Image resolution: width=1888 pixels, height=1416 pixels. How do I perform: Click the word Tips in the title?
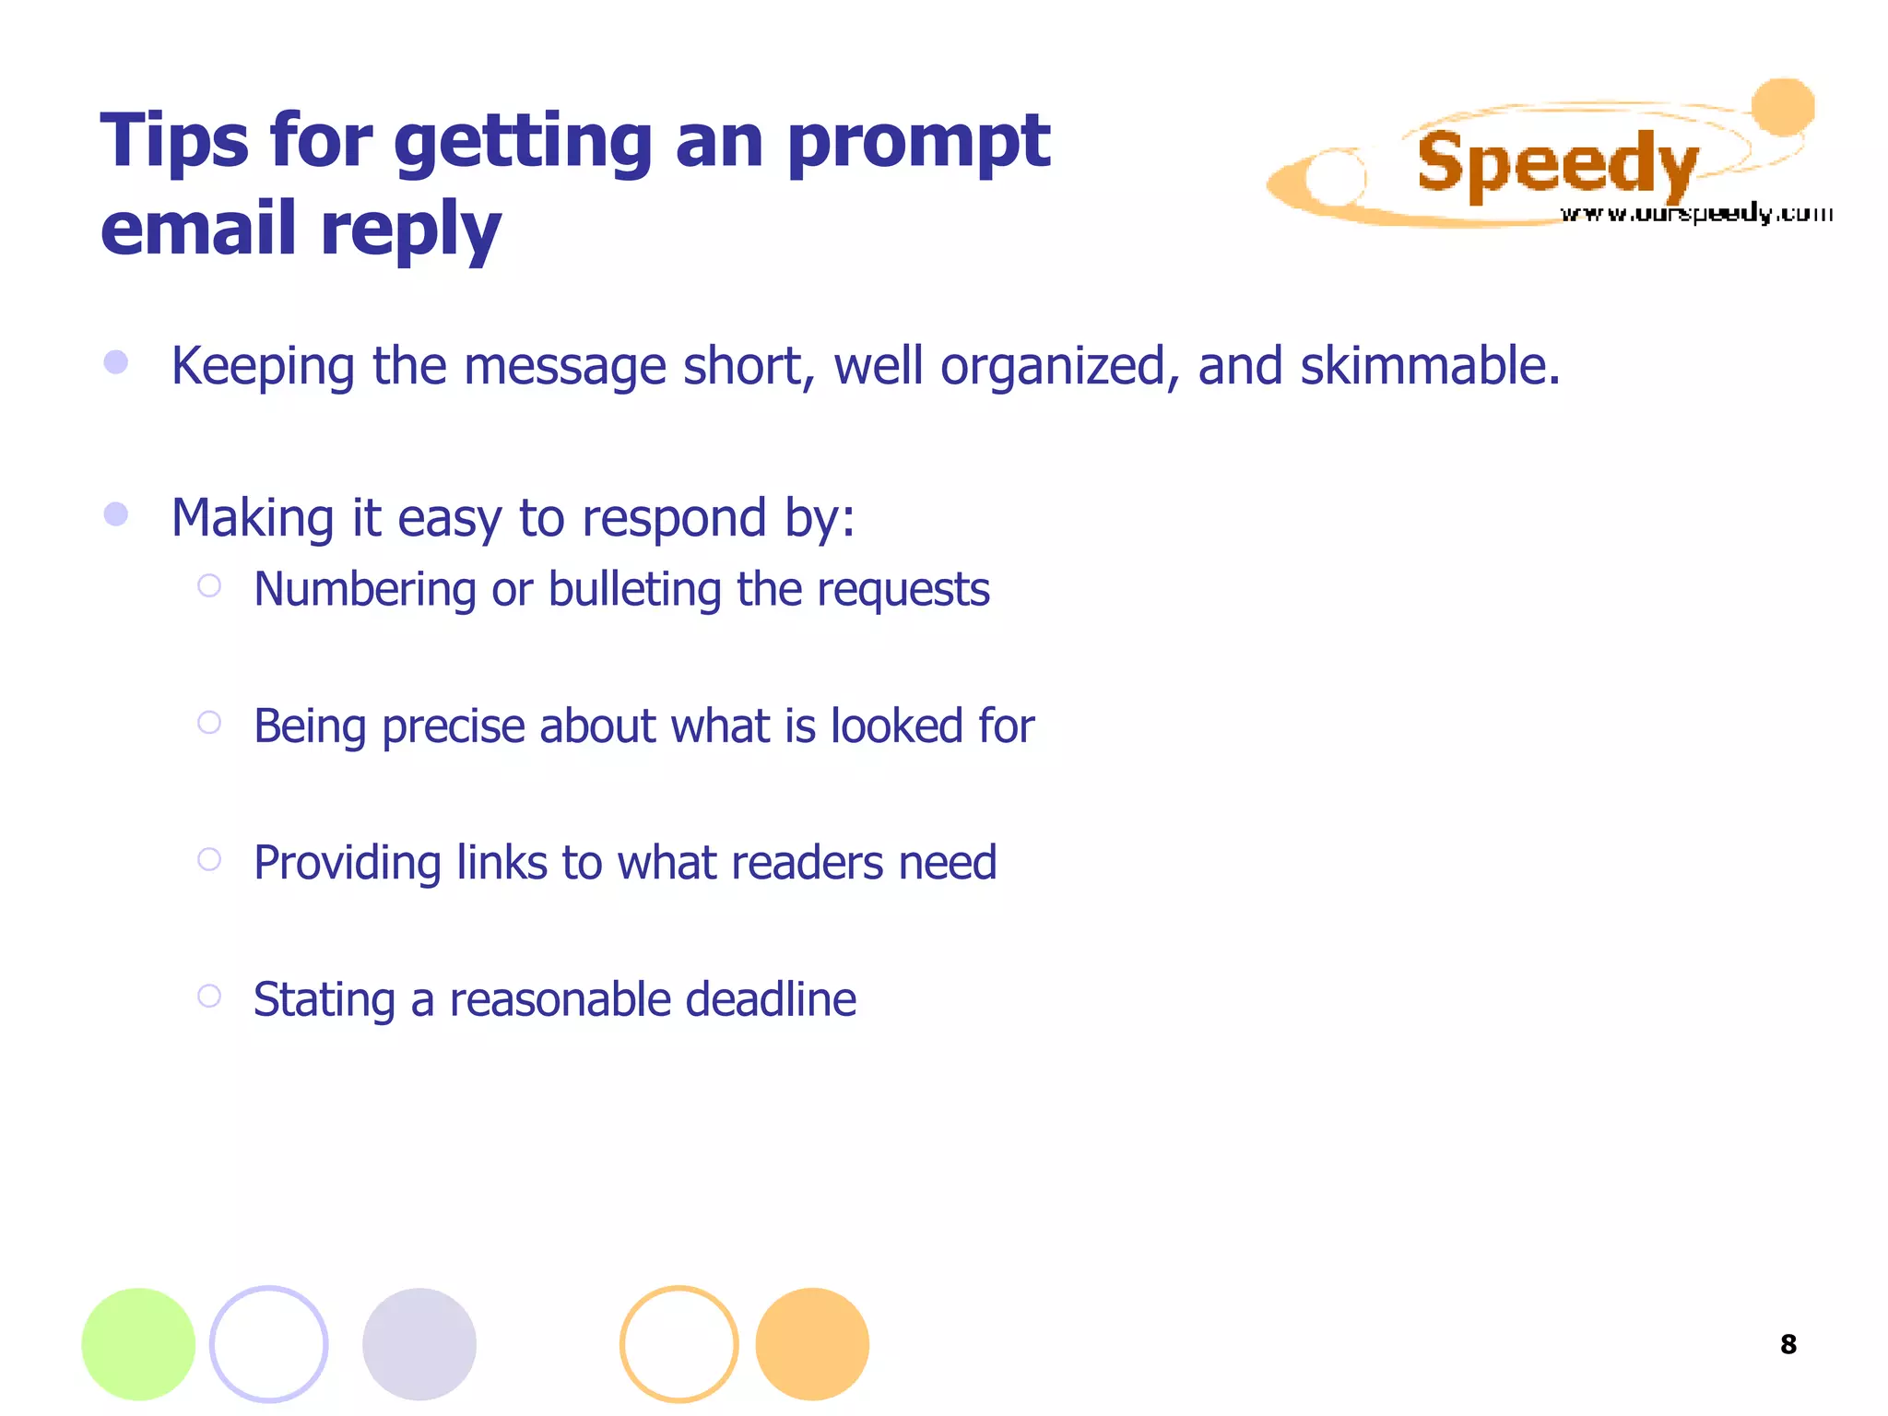tap(174, 141)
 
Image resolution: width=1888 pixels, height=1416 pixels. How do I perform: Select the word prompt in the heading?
tap(918, 143)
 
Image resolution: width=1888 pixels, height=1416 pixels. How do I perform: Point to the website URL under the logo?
tap(1695, 214)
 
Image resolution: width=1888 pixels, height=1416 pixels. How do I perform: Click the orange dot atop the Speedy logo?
tap(1783, 107)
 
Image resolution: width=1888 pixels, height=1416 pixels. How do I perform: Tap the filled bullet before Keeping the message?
tap(116, 361)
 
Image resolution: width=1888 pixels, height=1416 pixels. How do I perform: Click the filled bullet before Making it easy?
tap(116, 513)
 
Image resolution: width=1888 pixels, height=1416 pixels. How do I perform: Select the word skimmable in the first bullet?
tap(1430, 366)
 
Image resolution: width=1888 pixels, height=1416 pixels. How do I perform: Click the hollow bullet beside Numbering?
tap(209, 585)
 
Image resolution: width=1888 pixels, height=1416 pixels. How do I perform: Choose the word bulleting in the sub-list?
tap(634, 589)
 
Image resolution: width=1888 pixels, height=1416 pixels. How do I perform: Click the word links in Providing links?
tap(501, 863)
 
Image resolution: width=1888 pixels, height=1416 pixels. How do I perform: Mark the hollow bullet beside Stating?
tap(209, 996)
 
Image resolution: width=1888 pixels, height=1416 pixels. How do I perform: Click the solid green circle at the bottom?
tap(138, 1344)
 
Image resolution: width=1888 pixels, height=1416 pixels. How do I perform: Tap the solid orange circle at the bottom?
tap(812, 1344)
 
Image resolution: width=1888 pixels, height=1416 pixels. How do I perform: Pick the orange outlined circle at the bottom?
tap(679, 1344)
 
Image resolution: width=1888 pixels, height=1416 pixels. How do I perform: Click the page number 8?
tap(1788, 1345)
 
